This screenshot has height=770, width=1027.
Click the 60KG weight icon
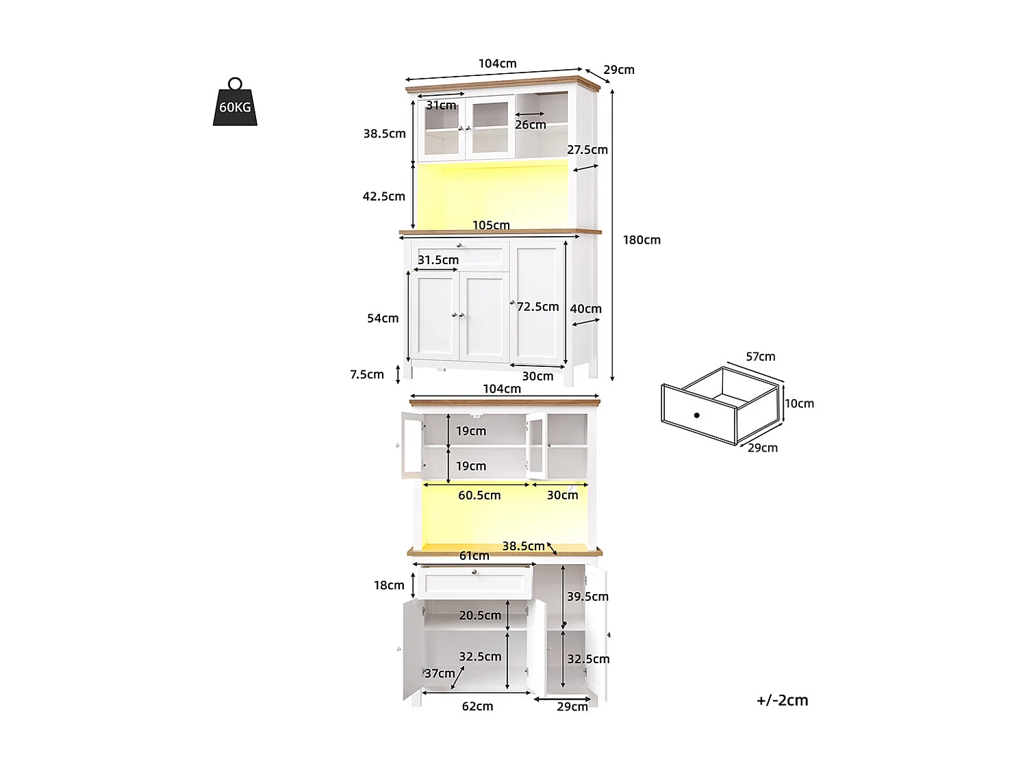pyautogui.click(x=235, y=104)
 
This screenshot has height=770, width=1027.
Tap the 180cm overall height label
pyautogui.click(x=642, y=240)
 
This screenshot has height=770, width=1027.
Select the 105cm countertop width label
pyautogui.click(x=491, y=225)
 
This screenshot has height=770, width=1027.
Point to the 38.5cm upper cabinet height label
pyautogui.click(x=384, y=134)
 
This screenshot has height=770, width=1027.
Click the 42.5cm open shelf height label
pyautogui.click(x=383, y=196)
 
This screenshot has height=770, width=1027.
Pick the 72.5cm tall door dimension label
pyautogui.click(x=537, y=307)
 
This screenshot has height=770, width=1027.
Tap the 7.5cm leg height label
pyautogui.click(x=367, y=374)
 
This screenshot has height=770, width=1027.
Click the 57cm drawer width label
pyautogui.click(x=760, y=357)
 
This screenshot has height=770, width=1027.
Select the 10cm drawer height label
pyautogui.click(x=799, y=404)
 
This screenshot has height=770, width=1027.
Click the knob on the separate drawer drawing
pyautogui.click(x=696, y=415)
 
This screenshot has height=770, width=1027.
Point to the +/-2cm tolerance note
pyautogui.click(x=782, y=700)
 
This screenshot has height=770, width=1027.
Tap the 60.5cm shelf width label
pyautogui.click(x=479, y=496)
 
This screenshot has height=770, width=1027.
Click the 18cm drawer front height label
pyautogui.click(x=389, y=585)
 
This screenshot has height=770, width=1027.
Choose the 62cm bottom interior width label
pyautogui.click(x=477, y=706)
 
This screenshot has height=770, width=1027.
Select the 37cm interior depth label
pyautogui.click(x=440, y=673)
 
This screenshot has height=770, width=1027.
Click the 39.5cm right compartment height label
pyautogui.click(x=587, y=597)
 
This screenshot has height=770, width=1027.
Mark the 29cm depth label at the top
pyautogui.click(x=618, y=70)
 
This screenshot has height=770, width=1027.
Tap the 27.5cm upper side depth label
pyautogui.click(x=587, y=150)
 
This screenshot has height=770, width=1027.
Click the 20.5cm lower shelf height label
pyautogui.click(x=480, y=616)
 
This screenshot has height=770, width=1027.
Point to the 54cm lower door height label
pyautogui.click(x=383, y=318)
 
